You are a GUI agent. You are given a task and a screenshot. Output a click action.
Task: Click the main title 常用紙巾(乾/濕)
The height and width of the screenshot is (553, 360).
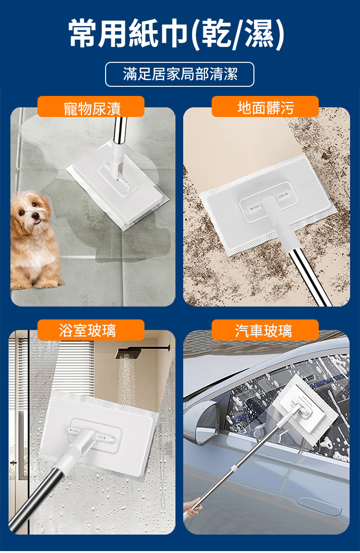(177, 34)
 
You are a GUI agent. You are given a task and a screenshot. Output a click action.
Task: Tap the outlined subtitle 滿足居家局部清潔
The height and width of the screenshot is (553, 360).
(180, 74)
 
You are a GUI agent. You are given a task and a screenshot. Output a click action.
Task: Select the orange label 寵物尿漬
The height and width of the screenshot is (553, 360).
(91, 107)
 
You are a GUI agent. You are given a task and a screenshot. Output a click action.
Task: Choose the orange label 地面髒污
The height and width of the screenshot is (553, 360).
(265, 107)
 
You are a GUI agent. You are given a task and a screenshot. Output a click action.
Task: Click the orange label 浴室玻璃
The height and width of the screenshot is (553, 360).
(91, 330)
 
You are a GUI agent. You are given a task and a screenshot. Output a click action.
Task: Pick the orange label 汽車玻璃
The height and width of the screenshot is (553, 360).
(265, 330)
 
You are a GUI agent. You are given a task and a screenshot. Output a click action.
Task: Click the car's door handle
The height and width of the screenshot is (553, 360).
(319, 506)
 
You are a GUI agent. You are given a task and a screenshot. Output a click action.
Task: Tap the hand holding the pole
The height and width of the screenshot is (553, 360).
(192, 508)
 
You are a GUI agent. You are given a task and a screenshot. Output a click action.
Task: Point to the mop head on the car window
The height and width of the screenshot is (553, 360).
(306, 404)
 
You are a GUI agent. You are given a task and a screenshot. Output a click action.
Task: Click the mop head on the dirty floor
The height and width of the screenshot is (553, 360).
(268, 204)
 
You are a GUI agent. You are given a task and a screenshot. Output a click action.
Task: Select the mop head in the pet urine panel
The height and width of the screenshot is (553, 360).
(117, 185)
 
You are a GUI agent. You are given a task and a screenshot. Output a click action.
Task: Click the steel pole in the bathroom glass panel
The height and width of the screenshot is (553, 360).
(36, 499)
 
